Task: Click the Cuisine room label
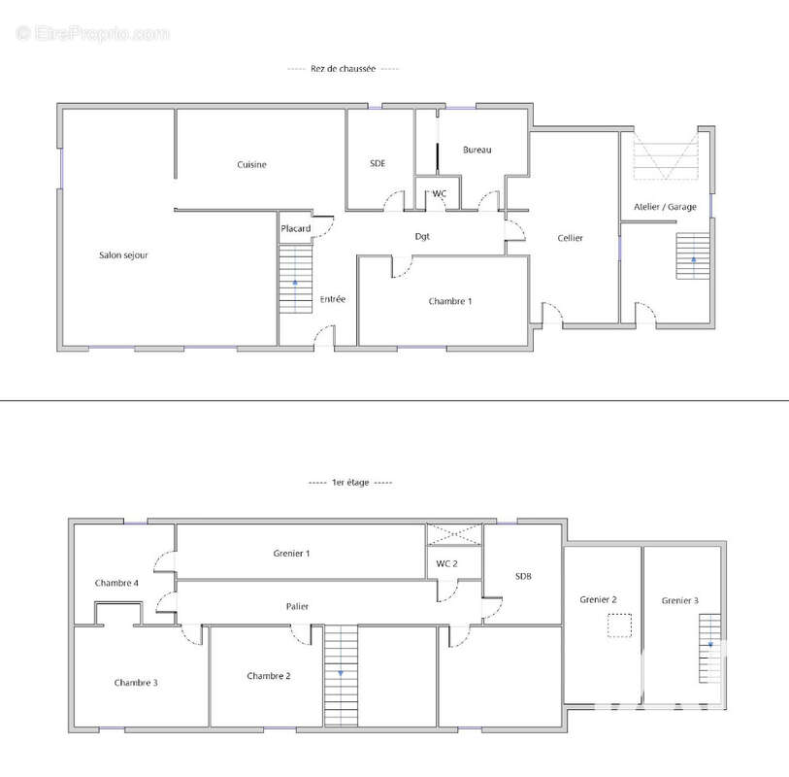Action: click(x=251, y=165)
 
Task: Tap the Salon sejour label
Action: click(x=123, y=255)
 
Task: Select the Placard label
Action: click(x=296, y=228)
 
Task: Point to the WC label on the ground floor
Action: click(x=440, y=193)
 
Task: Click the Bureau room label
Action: click(x=477, y=150)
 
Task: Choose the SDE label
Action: click(x=378, y=163)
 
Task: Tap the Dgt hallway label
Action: click(x=422, y=236)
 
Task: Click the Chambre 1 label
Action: click(x=450, y=301)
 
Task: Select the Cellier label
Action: click(x=570, y=238)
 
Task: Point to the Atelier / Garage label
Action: click(x=665, y=207)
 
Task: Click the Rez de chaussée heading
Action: click(x=344, y=69)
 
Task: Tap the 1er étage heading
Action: click(x=350, y=483)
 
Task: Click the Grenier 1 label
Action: click(x=291, y=554)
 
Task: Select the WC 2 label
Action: click(x=446, y=563)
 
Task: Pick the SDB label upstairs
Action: click(x=523, y=576)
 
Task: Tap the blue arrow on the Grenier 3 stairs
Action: click(x=710, y=644)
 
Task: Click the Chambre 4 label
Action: click(x=116, y=583)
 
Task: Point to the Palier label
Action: click(x=297, y=606)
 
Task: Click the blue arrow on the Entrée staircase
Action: click(x=295, y=283)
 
